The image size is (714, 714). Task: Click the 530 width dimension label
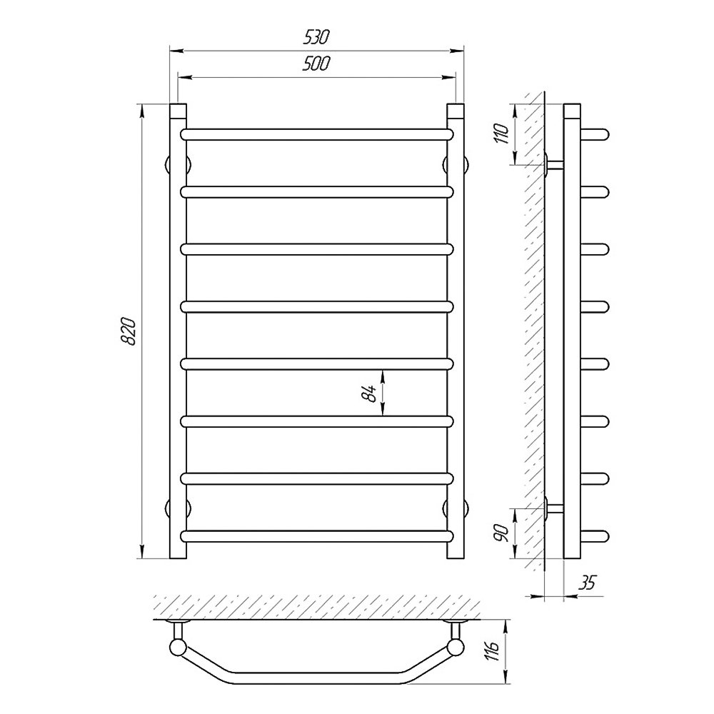(316, 38)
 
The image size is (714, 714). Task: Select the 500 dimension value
(316, 64)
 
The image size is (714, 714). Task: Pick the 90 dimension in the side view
(501, 533)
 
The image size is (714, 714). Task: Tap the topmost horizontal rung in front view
(317, 134)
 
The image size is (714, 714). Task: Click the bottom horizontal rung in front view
(317, 536)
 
